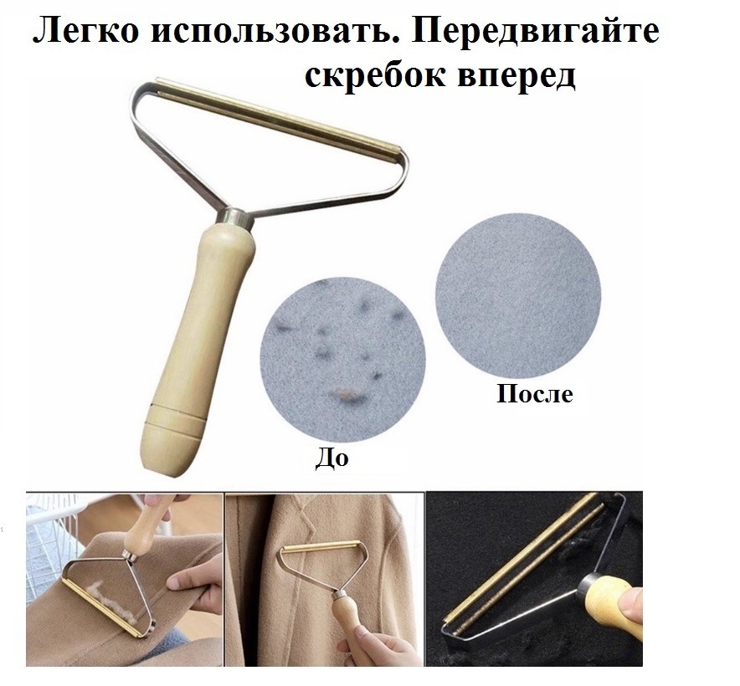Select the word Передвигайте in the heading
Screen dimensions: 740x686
[x=535, y=32]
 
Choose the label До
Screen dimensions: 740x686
[x=331, y=457]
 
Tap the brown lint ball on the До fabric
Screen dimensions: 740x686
[x=342, y=394]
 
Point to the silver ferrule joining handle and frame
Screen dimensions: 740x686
[x=232, y=218]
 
